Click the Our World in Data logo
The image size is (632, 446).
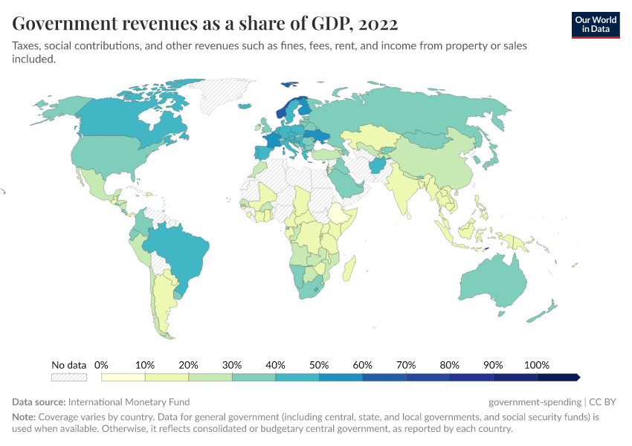click(x=595, y=24)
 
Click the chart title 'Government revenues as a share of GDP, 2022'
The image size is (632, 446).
click(x=205, y=24)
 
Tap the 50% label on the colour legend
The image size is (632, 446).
click(x=319, y=365)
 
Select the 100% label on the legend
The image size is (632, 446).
click(x=536, y=365)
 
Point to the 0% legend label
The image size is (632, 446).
click(x=102, y=365)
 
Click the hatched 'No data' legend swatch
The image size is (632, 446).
click(x=69, y=377)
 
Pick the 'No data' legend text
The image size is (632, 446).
click(x=69, y=365)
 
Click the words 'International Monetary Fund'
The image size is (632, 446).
click(x=129, y=401)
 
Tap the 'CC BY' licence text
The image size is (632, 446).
click(x=603, y=401)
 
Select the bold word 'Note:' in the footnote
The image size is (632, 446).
click(x=25, y=417)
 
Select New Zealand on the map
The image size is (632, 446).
click(x=546, y=308)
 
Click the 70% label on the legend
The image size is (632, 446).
click(x=406, y=365)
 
